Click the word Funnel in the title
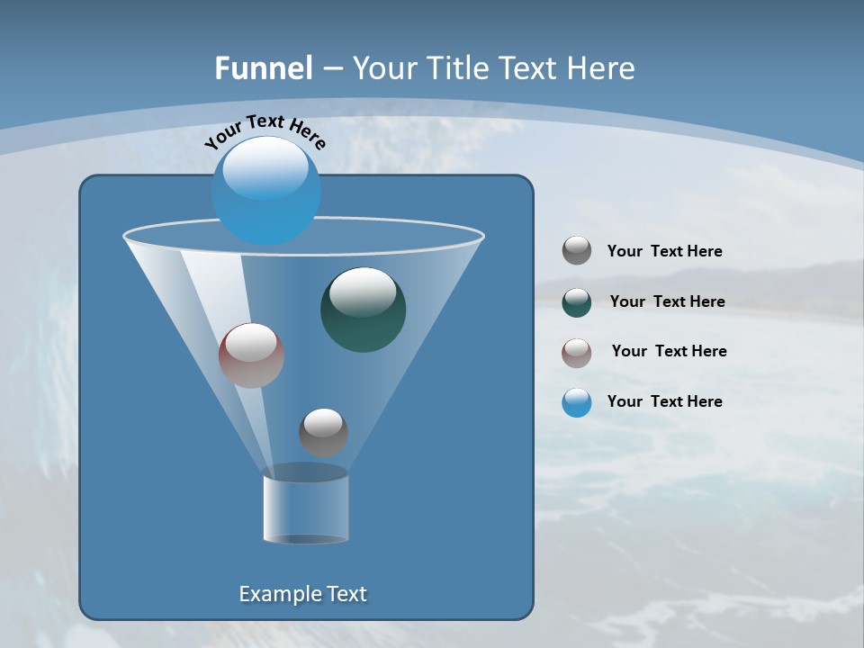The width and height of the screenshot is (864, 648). [264, 68]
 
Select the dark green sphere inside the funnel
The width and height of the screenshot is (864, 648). [364, 310]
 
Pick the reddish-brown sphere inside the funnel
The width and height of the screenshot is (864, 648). [251, 355]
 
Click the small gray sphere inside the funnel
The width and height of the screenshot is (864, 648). [323, 433]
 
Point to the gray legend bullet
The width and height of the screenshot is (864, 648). [577, 251]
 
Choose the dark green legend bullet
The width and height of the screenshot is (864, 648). [577, 302]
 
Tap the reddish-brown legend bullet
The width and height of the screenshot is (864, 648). [577, 353]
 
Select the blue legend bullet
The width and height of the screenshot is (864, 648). [577, 402]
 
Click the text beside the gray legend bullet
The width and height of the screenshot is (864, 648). [664, 252]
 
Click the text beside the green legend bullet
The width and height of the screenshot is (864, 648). [667, 302]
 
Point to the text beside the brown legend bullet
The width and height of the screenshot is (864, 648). [669, 352]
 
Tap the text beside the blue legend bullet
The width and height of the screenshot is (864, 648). [664, 402]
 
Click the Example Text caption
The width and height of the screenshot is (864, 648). [303, 594]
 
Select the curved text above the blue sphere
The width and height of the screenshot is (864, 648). [265, 130]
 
